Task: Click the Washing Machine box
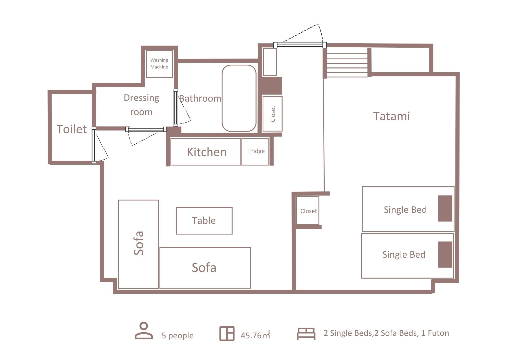(159, 64)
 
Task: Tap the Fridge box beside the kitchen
(255, 151)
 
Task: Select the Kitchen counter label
(207, 152)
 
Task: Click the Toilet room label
(72, 129)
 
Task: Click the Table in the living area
(204, 221)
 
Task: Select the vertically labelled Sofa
(139, 244)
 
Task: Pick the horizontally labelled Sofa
(205, 268)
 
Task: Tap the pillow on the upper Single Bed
(445, 208)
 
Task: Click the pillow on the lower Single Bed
(445, 254)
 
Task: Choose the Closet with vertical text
(272, 114)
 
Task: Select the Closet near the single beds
(308, 211)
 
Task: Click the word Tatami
(391, 116)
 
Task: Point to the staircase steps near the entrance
(347, 65)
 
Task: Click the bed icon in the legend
(306, 334)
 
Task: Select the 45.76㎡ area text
(256, 335)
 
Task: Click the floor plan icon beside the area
(227, 334)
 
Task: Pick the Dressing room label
(142, 105)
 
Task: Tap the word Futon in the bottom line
(438, 333)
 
